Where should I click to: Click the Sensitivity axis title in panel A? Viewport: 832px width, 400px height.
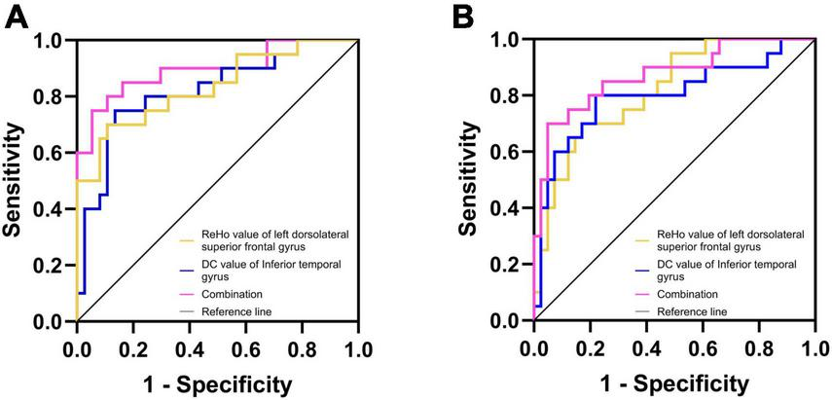pyautogui.click(x=15, y=180)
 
